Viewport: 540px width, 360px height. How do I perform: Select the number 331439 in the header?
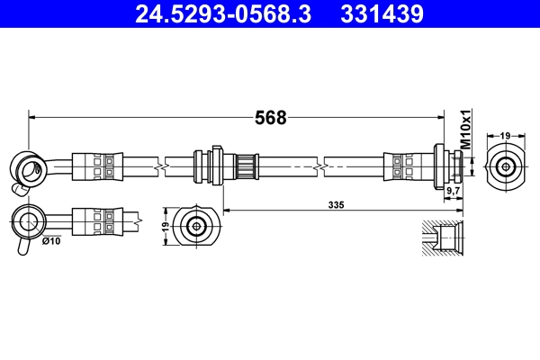pyautogui.click(x=381, y=14)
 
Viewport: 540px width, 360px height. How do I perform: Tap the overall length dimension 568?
pyautogui.click(x=270, y=118)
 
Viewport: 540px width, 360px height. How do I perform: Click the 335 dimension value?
pyautogui.click(x=337, y=205)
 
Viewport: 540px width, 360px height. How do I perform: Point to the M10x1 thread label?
pyautogui.click(x=466, y=130)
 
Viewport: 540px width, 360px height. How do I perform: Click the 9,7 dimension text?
pyautogui.click(x=454, y=192)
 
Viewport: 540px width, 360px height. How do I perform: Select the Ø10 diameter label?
pyautogui.click(x=50, y=240)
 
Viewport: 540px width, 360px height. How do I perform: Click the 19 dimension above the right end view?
pyautogui.click(x=506, y=135)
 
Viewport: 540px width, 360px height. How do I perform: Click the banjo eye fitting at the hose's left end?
pyautogui.click(x=25, y=166)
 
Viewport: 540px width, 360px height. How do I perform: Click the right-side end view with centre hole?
pyautogui.click(x=506, y=166)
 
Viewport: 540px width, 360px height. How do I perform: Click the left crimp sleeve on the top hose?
pyautogui.click(x=94, y=166)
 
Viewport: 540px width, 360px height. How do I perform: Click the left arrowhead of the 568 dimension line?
pyautogui.click(x=33, y=115)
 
